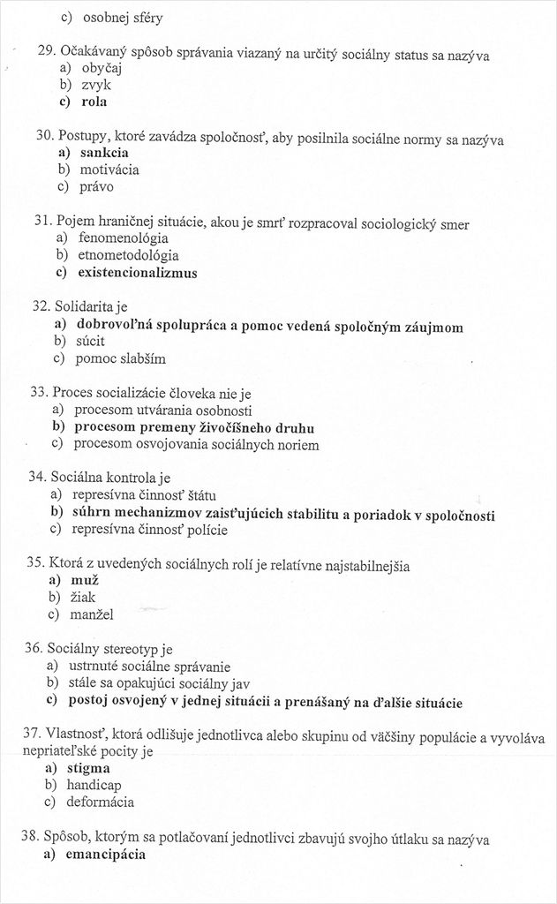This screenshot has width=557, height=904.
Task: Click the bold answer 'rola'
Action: pyautogui.click(x=94, y=102)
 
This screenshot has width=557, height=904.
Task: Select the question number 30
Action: pyautogui.click(x=45, y=135)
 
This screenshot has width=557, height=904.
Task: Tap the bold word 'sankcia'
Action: pyautogui.click(x=104, y=153)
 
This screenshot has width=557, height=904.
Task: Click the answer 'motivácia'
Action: pyautogui.click(x=109, y=169)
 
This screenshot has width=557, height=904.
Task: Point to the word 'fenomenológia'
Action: pyautogui.click(x=123, y=238)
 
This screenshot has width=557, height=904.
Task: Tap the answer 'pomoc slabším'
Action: pyautogui.click(x=120, y=358)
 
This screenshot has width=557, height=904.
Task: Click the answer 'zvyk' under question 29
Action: pyautogui.click(x=96, y=85)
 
